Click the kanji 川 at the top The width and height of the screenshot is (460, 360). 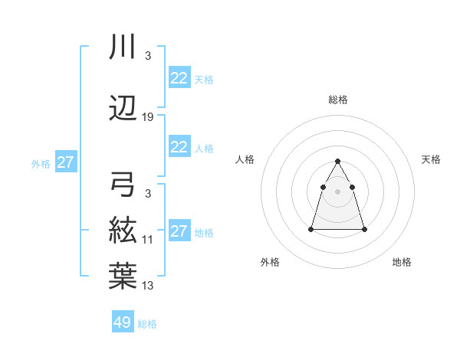123,47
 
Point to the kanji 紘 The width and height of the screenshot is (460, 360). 123,230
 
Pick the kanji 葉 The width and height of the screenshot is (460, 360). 123,276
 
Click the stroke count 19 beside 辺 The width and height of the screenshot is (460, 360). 148,117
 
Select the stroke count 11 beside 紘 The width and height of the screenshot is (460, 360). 148,240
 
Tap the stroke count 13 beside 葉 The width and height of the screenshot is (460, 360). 148,286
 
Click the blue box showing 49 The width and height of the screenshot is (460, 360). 123,322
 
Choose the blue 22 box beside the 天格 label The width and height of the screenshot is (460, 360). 179,77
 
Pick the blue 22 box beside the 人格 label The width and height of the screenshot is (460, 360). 179,147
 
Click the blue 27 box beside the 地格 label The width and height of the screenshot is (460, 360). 179,231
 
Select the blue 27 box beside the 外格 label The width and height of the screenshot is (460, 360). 65,162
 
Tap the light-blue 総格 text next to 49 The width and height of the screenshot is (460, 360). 147,324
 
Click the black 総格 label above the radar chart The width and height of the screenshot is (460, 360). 338,100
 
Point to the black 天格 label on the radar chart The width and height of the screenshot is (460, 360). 432,159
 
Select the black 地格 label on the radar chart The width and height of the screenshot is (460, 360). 402,262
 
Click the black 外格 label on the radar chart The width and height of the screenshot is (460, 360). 270,262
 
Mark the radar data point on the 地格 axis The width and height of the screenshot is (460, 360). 364,229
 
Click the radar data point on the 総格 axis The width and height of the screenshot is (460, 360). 338,161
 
